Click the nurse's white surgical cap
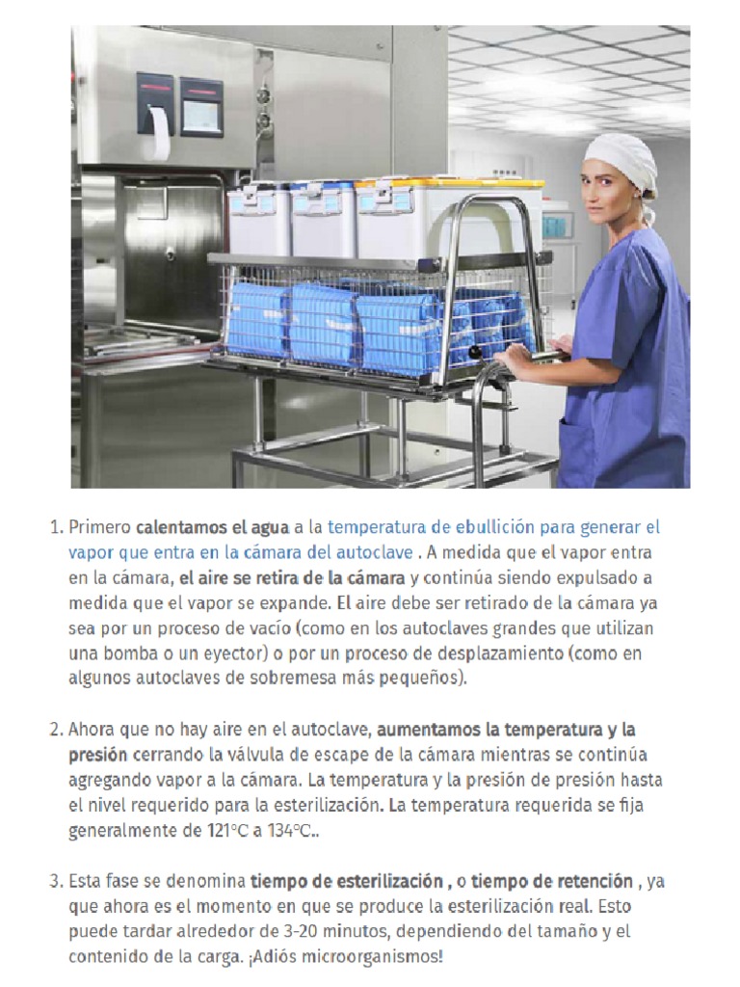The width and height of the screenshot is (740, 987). [622, 155]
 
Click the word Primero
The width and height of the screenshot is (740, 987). [99, 528]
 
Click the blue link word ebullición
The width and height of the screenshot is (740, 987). [478, 528]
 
